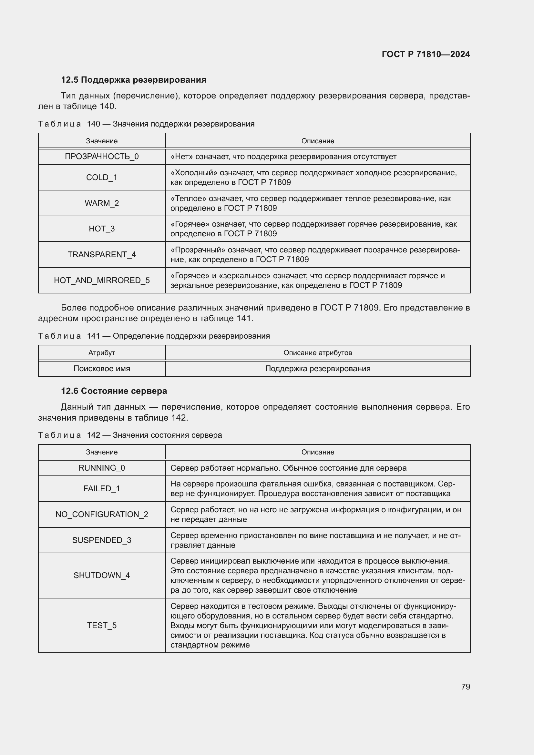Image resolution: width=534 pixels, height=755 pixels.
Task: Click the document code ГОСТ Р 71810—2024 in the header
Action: coord(426,54)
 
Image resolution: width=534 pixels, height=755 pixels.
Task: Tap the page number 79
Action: coord(465,687)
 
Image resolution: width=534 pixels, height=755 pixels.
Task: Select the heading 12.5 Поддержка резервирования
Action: coord(134,80)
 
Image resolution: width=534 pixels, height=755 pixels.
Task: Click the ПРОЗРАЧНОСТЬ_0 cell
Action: coord(102,157)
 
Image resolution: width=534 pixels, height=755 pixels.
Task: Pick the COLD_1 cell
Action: coord(102,178)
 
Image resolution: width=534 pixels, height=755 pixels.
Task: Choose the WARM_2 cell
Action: coord(102,203)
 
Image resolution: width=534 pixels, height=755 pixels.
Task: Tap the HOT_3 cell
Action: coord(102,229)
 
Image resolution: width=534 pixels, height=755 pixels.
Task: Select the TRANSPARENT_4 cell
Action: coord(102,254)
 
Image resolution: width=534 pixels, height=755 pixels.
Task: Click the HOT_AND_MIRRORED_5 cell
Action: coord(102,280)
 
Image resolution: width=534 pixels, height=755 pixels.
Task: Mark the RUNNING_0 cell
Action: coord(102,468)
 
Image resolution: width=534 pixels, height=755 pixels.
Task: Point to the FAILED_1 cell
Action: coord(102,489)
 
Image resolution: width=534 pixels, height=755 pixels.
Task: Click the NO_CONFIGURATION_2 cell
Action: coord(102,514)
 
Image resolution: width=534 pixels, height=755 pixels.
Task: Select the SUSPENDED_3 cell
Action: coord(102,540)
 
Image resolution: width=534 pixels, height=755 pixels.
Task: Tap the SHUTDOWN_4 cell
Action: coord(102,575)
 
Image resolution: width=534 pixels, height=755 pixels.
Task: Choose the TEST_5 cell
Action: coord(102,625)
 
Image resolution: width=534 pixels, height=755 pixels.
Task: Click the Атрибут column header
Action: coord(102,353)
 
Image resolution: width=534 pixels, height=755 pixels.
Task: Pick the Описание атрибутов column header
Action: coord(318,353)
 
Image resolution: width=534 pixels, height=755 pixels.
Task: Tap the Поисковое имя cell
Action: coord(102,369)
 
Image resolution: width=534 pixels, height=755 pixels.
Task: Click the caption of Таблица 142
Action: coord(130,435)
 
